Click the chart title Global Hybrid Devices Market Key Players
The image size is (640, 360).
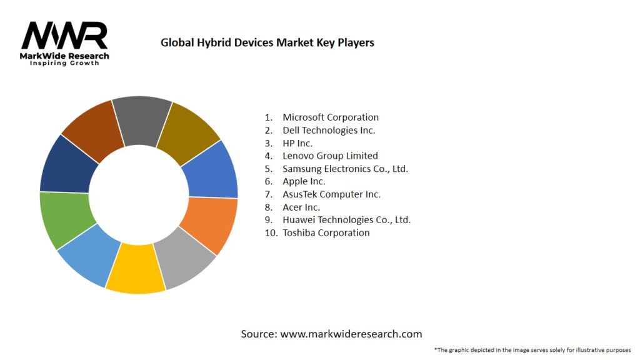(267, 42)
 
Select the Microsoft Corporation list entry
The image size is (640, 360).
(330, 117)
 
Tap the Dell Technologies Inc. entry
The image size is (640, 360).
(329, 130)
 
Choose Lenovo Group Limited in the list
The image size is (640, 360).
(330, 156)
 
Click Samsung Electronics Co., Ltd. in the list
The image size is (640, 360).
(345, 169)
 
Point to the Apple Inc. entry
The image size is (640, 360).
(304, 181)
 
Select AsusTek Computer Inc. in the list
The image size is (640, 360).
(331, 194)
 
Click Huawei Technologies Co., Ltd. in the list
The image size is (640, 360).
(346, 220)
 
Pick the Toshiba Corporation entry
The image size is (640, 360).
(326, 232)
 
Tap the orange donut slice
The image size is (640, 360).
(209, 223)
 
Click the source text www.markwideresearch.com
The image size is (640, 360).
(331, 334)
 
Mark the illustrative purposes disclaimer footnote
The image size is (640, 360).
(532, 349)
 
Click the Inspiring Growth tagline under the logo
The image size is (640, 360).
(64, 64)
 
